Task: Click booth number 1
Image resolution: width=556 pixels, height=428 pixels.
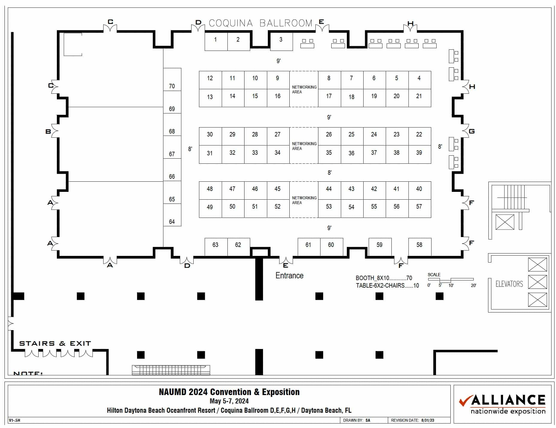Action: tap(216, 41)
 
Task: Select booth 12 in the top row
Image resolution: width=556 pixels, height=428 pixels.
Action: tap(210, 80)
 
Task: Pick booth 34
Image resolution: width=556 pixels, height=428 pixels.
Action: tap(278, 154)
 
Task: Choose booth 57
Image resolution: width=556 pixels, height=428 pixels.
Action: tap(419, 208)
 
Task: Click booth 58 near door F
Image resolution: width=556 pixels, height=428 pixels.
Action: tap(420, 246)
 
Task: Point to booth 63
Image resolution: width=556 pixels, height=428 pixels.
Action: tap(216, 246)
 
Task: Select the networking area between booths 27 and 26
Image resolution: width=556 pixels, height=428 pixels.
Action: tap(304, 145)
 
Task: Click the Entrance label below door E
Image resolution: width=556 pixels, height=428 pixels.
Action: tap(289, 275)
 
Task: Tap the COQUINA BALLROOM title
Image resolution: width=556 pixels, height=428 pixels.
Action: tap(260, 23)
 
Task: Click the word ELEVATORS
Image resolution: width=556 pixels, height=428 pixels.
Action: tap(509, 284)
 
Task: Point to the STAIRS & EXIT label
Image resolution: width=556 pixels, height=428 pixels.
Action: tap(55, 343)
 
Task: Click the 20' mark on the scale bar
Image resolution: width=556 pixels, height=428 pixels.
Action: tap(473, 285)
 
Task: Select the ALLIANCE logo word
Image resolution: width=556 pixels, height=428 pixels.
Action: tap(508, 400)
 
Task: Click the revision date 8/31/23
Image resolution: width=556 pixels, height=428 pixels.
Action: tap(428, 420)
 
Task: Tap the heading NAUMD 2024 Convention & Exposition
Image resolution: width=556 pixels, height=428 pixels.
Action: tap(229, 392)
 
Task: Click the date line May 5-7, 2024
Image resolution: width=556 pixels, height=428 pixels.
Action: tap(229, 401)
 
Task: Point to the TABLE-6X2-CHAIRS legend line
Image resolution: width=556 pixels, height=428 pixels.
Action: tap(387, 286)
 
